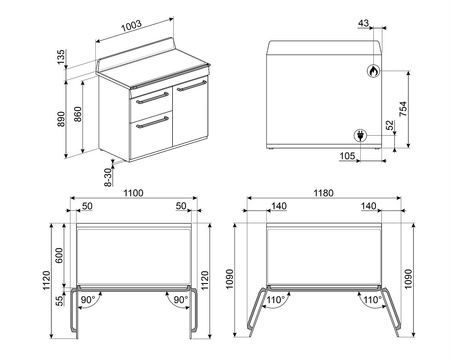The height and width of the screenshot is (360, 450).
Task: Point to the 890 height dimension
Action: coord(62,118)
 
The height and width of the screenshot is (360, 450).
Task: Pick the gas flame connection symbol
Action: coord(374,72)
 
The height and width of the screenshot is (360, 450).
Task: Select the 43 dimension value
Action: coord(362,24)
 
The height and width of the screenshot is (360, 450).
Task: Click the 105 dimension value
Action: coord(347,157)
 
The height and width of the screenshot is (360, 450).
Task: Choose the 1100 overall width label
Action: coord(135,193)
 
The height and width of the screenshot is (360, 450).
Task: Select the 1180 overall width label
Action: coord(318,193)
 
